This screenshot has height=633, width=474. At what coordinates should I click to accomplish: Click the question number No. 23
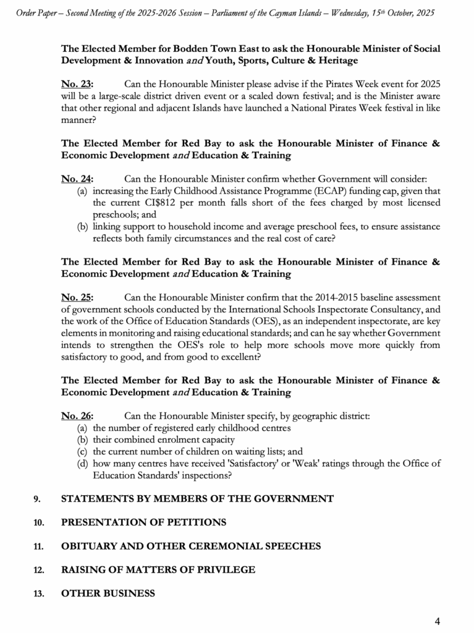tap(77, 84)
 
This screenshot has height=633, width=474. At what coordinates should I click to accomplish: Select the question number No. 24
tap(77, 179)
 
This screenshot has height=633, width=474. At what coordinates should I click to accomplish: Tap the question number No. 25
tap(77, 297)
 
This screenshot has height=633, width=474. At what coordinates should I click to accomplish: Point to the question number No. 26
tap(77, 416)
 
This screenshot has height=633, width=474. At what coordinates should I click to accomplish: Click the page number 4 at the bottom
tap(437, 621)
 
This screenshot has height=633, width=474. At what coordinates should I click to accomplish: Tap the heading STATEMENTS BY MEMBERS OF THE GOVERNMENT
tap(197, 499)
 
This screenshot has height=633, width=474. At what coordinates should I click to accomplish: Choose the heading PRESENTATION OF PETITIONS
tap(143, 522)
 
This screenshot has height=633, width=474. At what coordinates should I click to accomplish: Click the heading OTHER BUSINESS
tap(108, 593)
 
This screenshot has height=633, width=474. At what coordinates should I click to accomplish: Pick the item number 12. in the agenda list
tap(38, 570)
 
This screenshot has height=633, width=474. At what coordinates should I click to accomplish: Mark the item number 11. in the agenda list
tap(38, 546)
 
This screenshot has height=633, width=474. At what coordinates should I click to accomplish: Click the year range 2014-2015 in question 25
tap(334, 297)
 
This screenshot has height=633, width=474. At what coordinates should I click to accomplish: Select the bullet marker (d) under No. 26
tap(82, 464)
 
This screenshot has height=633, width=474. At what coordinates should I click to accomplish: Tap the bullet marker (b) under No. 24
tap(82, 226)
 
